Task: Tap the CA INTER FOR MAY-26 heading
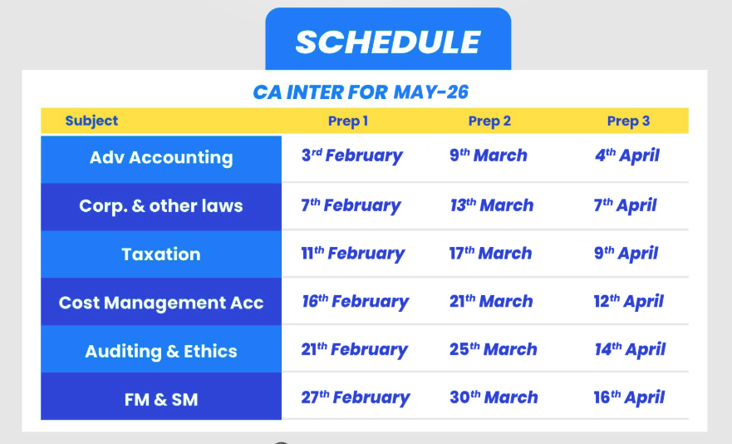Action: pyautogui.click(x=361, y=92)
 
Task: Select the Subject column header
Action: pyautogui.click(x=91, y=121)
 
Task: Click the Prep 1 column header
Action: pyautogui.click(x=348, y=121)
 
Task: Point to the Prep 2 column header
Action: pyautogui.click(x=489, y=121)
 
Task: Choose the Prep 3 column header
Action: pyautogui.click(x=628, y=121)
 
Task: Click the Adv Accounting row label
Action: pyautogui.click(x=161, y=158)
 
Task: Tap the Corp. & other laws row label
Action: pyautogui.click(x=161, y=206)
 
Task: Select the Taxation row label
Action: pyautogui.click(x=161, y=254)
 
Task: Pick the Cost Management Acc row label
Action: pyautogui.click(x=161, y=303)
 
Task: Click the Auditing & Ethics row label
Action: pyautogui.click(x=161, y=352)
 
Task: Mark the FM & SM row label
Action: pyautogui.click(x=161, y=400)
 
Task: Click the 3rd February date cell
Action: pyautogui.click(x=352, y=155)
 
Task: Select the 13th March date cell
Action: pyautogui.click(x=492, y=205)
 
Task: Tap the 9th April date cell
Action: pyautogui.click(x=626, y=254)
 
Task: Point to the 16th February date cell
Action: pyautogui.click(x=356, y=302)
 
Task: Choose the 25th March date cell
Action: pyautogui.click(x=494, y=349)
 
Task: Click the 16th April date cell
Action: pyautogui.click(x=629, y=397)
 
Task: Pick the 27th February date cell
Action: pyautogui.click(x=356, y=397)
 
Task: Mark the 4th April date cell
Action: pyautogui.click(x=627, y=155)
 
